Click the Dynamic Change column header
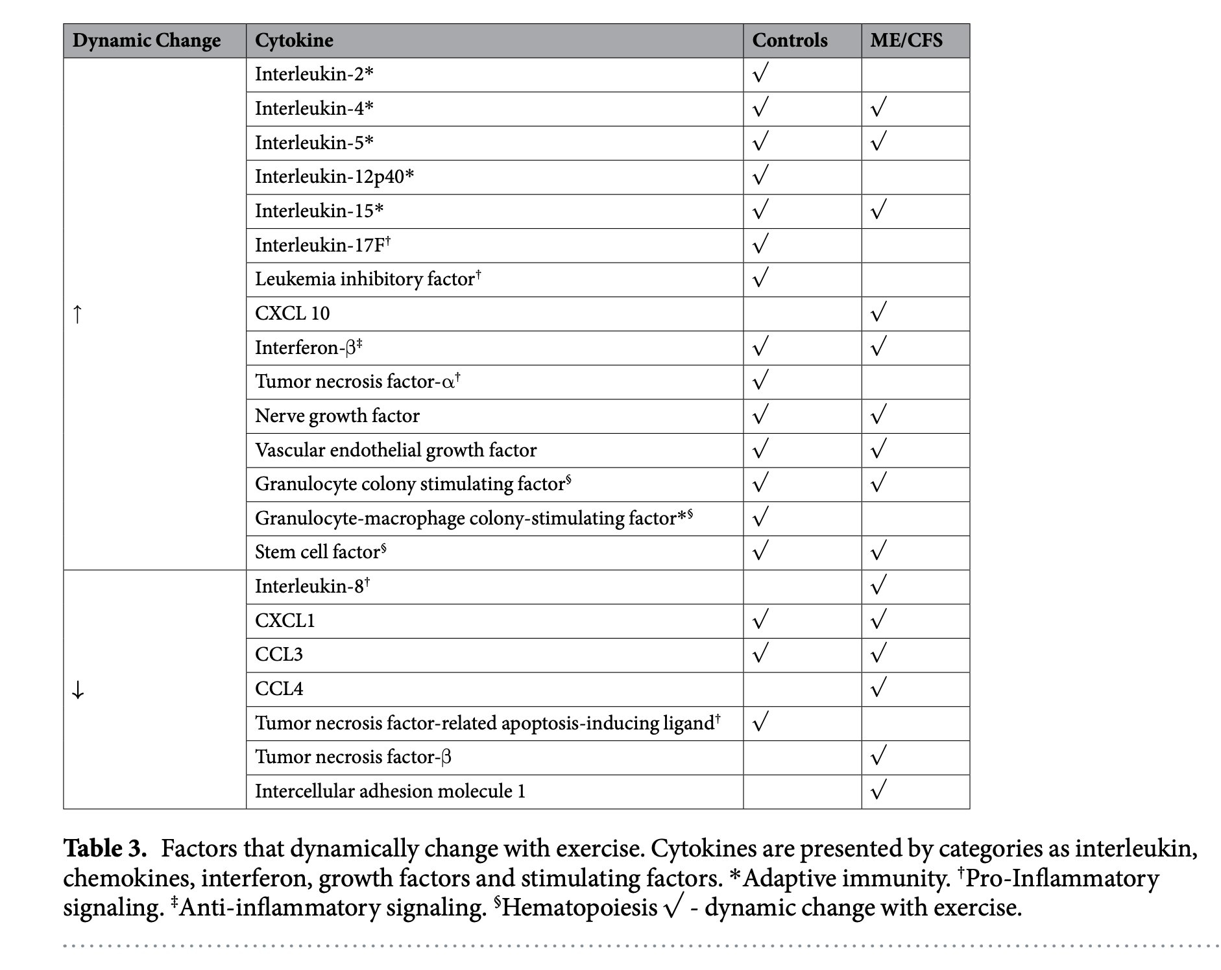click(x=147, y=41)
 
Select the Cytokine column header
click(x=294, y=41)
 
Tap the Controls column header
click(x=790, y=41)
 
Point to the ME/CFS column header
click(x=906, y=41)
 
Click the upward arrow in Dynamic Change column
click(x=78, y=314)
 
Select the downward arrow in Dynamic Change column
click(x=78, y=690)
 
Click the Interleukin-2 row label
click(x=314, y=75)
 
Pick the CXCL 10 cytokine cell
click(x=292, y=314)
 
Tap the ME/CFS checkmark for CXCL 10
click(x=878, y=313)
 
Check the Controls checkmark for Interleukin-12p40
click(x=760, y=176)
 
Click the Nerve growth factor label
click(x=337, y=416)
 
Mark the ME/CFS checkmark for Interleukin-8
click(x=878, y=586)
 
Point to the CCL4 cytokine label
click(x=279, y=689)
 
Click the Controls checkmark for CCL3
click(x=760, y=654)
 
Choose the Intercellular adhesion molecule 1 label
click(x=390, y=792)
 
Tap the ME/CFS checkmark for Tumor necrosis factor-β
click(x=878, y=756)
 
